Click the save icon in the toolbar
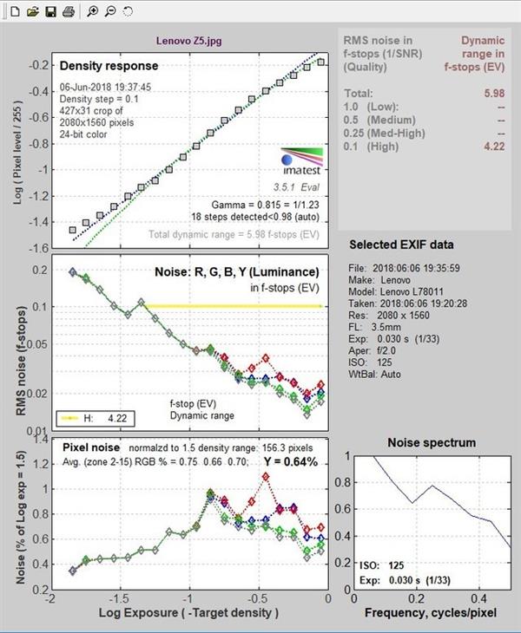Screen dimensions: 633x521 [50, 11]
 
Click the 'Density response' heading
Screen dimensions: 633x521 [109, 65]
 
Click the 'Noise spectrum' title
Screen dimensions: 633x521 [430, 442]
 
